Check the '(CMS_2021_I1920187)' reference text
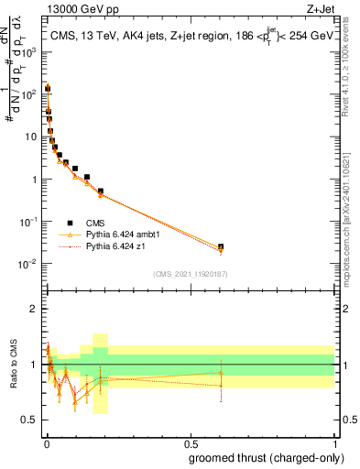pos(190,273)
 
